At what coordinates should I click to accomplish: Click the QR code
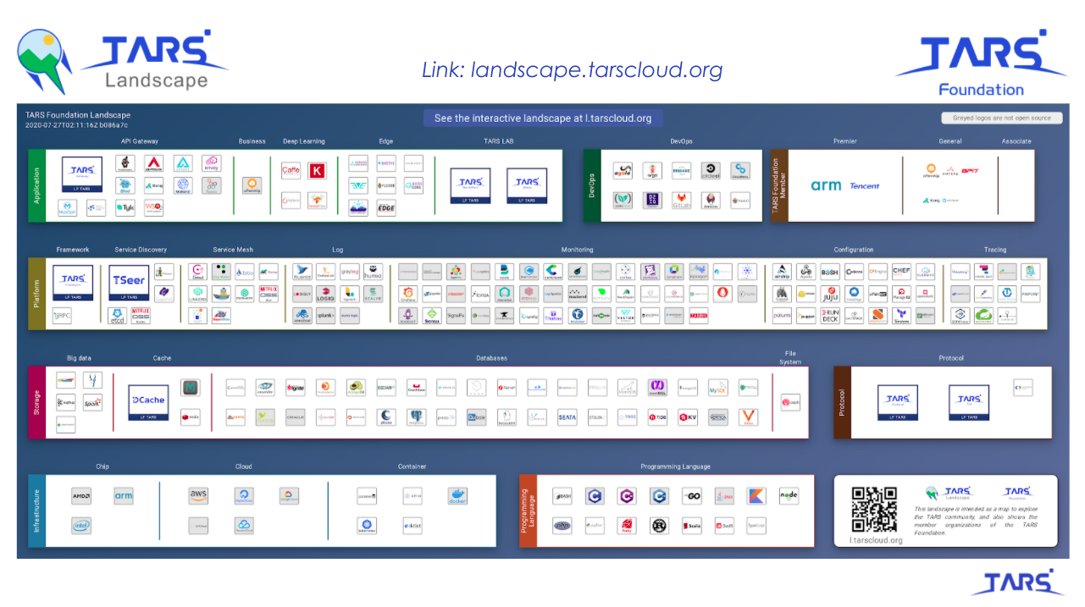[x=874, y=509]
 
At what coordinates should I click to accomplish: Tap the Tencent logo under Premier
[x=865, y=185]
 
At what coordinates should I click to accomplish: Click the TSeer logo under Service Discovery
[x=129, y=282]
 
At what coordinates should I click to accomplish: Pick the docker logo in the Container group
[x=457, y=496]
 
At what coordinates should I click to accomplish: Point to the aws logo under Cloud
[x=198, y=495]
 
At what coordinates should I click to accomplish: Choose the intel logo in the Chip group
[x=81, y=526]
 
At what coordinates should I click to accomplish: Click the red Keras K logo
[x=318, y=170]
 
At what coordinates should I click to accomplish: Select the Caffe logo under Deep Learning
[x=291, y=170]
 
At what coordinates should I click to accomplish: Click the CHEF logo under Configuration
[x=901, y=272]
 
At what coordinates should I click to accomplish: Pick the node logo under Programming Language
[x=788, y=496]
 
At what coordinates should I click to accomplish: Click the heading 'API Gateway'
[x=140, y=141]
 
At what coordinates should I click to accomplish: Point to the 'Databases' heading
[x=491, y=358]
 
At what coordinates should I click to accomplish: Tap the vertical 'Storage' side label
[x=37, y=402]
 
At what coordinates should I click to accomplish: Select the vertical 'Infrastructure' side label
[x=36, y=510]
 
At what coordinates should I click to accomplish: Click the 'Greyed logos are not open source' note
[x=1001, y=118]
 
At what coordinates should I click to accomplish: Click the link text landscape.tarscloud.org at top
[x=573, y=69]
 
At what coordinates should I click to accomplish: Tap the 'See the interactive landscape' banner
[x=543, y=118]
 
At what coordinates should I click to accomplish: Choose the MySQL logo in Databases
[x=717, y=389]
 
